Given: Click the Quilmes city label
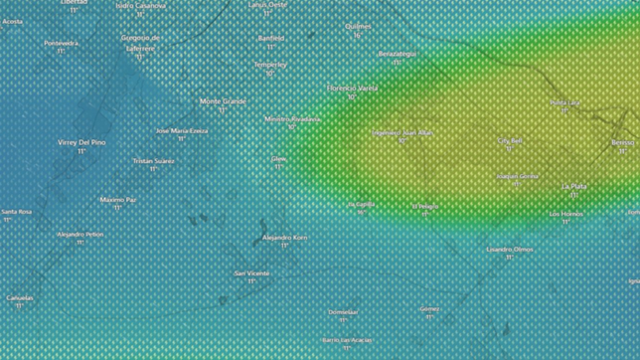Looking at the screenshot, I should click(357, 27).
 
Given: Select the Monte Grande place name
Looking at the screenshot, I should click(223, 100).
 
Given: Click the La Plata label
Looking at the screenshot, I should click(574, 186).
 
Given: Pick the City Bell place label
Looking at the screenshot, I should click(510, 141).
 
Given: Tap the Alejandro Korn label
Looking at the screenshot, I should click(284, 238).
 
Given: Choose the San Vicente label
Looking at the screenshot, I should click(250, 272).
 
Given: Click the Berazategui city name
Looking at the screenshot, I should click(398, 54).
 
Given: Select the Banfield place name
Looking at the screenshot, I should click(270, 38).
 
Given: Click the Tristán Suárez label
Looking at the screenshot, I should click(153, 160).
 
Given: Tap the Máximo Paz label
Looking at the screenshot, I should click(117, 199).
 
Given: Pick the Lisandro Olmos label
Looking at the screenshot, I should click(510, 249).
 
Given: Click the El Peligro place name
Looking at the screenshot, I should click(425, 206).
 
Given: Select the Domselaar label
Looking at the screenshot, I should click(344, 311).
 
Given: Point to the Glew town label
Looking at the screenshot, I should click(278, 158).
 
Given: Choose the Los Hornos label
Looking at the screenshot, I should click(565, 213).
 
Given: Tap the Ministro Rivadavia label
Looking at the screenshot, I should click(292, 118).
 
